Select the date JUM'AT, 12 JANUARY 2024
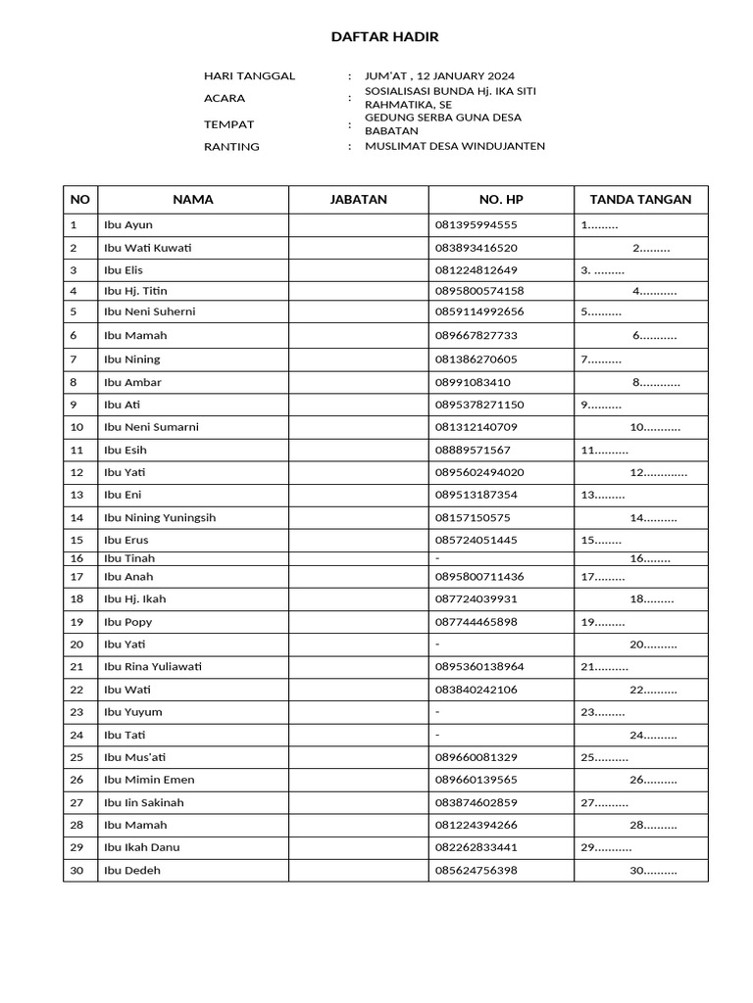tap(439, 76)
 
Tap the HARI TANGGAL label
tap(249, 76)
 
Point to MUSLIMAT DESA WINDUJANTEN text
tap(455, 146)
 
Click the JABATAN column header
tap(358, 200)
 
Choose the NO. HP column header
tap(501, 200)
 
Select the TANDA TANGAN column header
tap(640, 200)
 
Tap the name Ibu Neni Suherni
tap(149, 312)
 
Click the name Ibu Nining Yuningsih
tap(160, 518)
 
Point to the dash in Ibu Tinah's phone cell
tap(437, 558)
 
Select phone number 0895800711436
tap(479, 577)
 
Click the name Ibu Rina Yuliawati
tap(153, 667)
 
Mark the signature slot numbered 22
tap(653, 691)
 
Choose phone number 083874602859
tap(476, 802)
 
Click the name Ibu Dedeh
tap(132, 870)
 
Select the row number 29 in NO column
tap(76, 847)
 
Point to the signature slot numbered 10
tap(655, 428)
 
